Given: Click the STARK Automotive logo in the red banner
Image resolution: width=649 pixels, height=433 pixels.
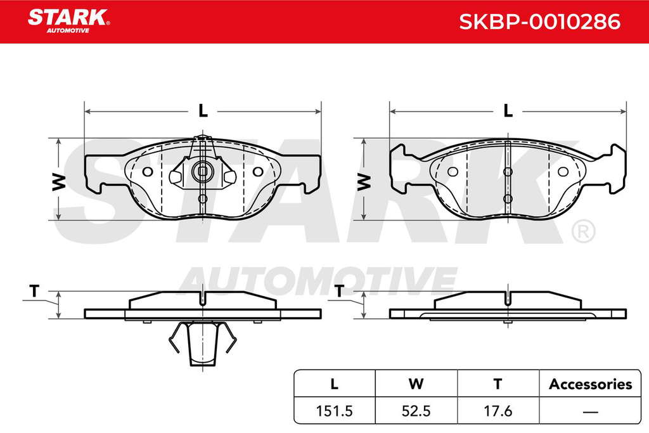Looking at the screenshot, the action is (x=68, y=21).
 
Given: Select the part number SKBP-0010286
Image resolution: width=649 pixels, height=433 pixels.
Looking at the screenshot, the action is (x=540, y=22).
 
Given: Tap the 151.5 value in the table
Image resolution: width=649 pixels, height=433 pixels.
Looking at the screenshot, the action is (x=334, y=411).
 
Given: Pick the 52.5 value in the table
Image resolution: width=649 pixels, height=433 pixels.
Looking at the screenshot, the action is (x=416, y=411).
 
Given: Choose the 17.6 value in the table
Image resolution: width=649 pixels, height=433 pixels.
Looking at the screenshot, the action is (x=498, y=411).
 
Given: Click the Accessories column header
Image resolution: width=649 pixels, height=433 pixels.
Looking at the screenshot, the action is (x=590, y=384).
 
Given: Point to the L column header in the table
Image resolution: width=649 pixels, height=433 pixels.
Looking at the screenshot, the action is (x=335, y=384).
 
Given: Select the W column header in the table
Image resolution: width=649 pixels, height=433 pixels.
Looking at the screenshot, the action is (x=416, y=384).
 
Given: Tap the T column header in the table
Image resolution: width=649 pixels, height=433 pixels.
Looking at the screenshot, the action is (x=498, y=384).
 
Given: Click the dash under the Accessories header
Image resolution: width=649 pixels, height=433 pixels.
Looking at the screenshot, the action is (x=590, y=412).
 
